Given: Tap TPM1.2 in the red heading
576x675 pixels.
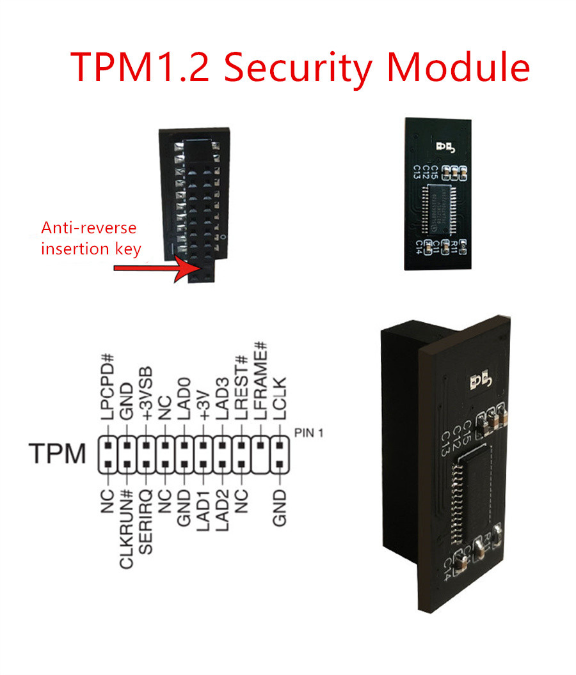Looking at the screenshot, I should [x=140, y=66].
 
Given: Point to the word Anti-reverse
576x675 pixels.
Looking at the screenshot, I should [x=89, y=228].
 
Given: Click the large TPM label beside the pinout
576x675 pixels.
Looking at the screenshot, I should [x=58, y=453].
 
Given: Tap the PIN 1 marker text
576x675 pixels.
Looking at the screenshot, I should [x=309, y=433].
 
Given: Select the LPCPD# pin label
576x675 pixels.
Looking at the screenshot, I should [x=108, y=390].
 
